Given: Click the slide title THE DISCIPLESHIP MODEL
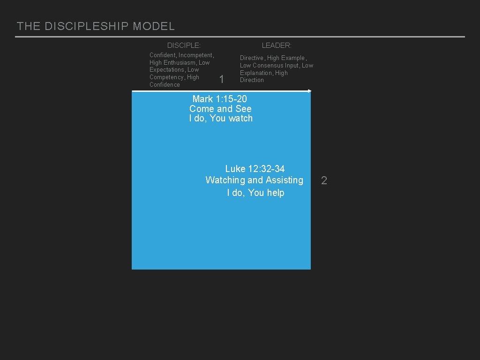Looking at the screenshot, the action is [96, 26].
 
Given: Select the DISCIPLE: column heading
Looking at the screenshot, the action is [184, 45].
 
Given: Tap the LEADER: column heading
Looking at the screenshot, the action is [277, 45].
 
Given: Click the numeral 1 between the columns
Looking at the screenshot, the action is [222, 80].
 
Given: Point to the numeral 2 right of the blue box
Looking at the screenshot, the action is [324, 180].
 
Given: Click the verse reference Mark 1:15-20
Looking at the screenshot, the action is [219, 99].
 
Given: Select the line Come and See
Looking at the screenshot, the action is [220, 109].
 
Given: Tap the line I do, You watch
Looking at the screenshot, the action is [221, 119].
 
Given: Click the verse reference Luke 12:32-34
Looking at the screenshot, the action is [255, 169].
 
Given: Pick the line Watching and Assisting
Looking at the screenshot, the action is [255, 180].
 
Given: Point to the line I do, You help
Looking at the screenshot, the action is [255, 193].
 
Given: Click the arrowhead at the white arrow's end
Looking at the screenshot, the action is [309, 90].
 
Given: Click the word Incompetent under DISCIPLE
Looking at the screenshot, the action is [195, 55].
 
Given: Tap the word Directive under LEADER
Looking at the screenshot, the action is [252, 58].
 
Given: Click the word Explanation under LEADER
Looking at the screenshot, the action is [256, 73].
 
